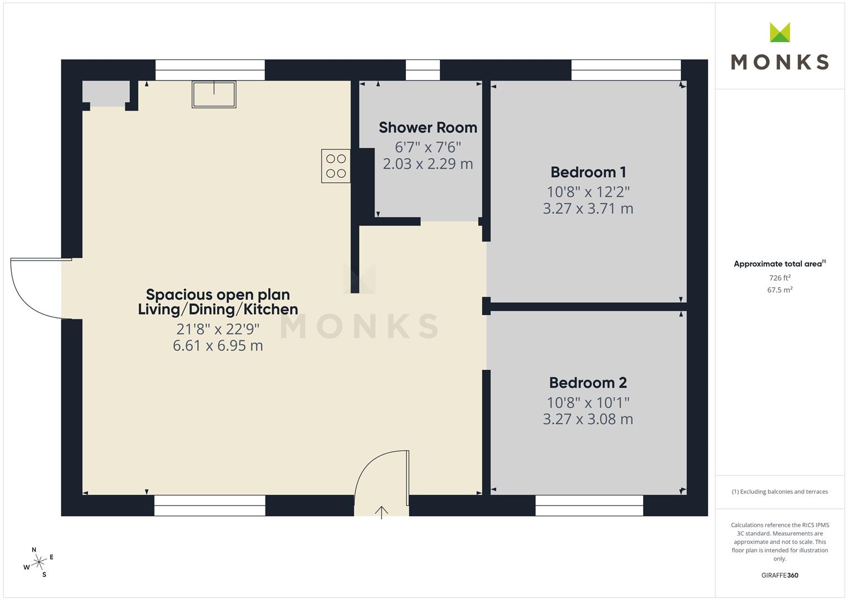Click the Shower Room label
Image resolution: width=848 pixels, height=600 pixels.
pyautogui.click(x=428, y=128)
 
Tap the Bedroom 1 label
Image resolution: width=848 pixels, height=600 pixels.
pyautogui.click(x=588, y=172)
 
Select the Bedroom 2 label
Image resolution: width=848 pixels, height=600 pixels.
pyautogui.click(x=588, y=383)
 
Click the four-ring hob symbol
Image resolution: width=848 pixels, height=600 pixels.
pyautogui.click(x=336, y=166)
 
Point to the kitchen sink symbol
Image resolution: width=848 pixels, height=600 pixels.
pyautogui.click(x=214, y=94)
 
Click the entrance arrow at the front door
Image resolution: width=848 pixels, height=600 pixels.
pyautogui.click(x=381, y=512)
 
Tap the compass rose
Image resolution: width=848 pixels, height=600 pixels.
pyautogui.click(x=39, y=562)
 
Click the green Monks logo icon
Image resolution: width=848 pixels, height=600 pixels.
pyautogui.click(x=780, y=32)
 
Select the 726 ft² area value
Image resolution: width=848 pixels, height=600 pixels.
pyautogui.click(x=780, y=278)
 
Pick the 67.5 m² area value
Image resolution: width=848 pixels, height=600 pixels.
pyautogui.click(x=780, y=290)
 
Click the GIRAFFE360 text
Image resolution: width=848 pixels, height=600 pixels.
pyautogui.click(x=780, y=575)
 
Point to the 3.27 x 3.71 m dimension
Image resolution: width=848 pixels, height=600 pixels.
pyautogui.click(x=588, y=209)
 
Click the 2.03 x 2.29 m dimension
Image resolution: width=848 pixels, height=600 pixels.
pyautogui.click(x=428, y=164)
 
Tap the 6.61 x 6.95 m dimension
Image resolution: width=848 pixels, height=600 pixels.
pyautogui.click(x=218, y=346)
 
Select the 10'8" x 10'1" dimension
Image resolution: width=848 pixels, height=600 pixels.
pyautogui.click(x=588, y=402)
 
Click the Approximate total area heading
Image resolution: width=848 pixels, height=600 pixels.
pyautogui.click(x=780, y=264)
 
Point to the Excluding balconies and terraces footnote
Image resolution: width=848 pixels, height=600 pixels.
pyautogui.click(x=780, y=492)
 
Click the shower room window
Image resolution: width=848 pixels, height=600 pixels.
pyautogui.click(x=423, y=70)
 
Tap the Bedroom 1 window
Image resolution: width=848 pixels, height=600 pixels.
pyautogui.click(x=626, y=70)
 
